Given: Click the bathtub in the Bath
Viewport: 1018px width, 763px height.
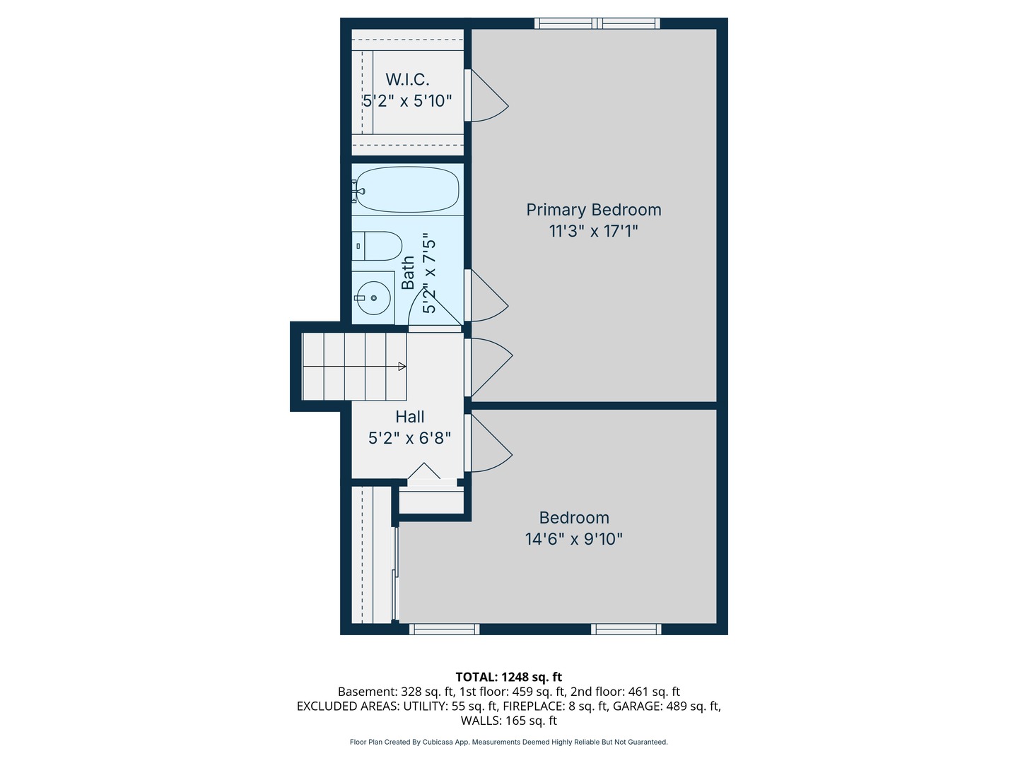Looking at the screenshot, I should pyautogui.click(x=406, y=189).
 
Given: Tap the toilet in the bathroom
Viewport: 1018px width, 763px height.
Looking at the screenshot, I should pyautogui.click(x=378, y=245).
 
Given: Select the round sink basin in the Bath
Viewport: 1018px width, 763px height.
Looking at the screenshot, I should pyautogui.click(x=373, y=298).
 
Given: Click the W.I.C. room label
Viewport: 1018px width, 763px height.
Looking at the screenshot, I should pyautogui.click(x=407, y=79).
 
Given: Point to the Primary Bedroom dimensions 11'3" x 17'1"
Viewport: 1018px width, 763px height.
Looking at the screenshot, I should pyautogui.click(x=593, y=231).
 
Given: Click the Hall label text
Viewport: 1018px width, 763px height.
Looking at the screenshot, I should pyautogui.click(x=410, y=417).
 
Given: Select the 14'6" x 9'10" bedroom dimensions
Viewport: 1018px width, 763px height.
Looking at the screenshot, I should pyautogui.click(x=573, y=539).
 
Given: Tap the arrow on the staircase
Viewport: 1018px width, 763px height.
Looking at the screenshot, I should pyautogui.click(x=402, y=367).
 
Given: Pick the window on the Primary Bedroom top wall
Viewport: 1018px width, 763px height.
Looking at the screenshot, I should pyautogui.click(x=597, y=23).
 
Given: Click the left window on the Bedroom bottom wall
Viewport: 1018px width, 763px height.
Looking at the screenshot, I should pyautogui.click(x=444, y=629).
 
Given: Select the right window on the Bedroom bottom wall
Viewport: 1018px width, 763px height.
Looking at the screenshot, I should pyautogui.click(x=626, y=629).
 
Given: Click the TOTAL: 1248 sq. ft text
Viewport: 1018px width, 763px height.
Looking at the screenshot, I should pyautogui.click(x=508, y=677).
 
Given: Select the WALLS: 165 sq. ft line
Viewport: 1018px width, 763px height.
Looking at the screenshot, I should pyautogui.click(x=508, y=721).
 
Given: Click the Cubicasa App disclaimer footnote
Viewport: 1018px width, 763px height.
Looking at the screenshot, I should pyautogui.click(x=508, y=742).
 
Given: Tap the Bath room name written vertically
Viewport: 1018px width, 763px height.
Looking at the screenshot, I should pyautogui.click(x=409, y=273).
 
